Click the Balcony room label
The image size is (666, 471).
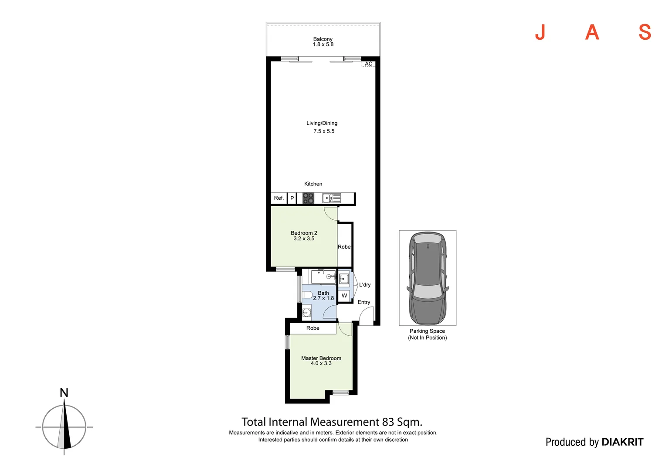point(323,39)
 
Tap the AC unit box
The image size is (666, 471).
point(369,64)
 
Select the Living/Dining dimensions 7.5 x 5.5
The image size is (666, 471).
point(324,131)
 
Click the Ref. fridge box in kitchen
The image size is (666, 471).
point(279,198)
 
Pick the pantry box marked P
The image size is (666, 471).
point(292,198)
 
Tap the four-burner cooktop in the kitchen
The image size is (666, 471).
point(308,198)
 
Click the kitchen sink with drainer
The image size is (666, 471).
point(332,198)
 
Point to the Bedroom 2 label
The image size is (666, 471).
point(304,233)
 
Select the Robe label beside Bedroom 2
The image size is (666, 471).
point(344,247)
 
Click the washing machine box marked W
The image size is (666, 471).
point(344,296)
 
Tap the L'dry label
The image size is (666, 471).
point(365,285)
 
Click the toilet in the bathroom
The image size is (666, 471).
point(307,294)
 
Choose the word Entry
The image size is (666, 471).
point(364,302)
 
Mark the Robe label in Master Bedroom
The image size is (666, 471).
point(313,328)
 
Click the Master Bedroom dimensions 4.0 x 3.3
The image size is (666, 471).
point(321,363)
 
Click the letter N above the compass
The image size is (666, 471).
point(64,393)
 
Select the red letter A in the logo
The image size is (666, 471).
point(592,32)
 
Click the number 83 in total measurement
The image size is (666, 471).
point(388,422)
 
